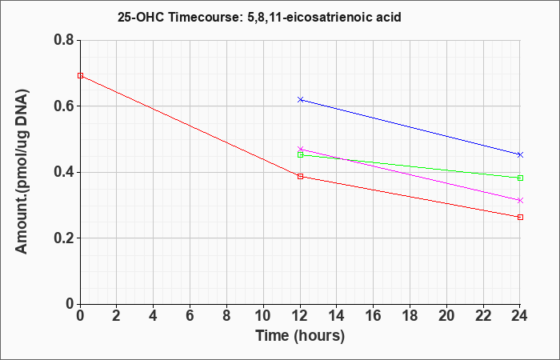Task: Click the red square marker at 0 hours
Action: [80, 76]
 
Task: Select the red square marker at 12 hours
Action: [300, 177]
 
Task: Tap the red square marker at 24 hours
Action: [520, 217]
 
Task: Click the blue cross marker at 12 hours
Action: [300, 100]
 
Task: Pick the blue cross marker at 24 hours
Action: [520, 154]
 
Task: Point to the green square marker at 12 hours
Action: [300, 155]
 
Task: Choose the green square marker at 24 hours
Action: [520, 178]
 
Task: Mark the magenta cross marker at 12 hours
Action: [300, 149]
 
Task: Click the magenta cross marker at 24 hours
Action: [520, 200]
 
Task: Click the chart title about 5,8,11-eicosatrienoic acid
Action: [259, 17]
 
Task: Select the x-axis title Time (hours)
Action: [300, 336]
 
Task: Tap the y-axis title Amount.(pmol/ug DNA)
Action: [22, 171]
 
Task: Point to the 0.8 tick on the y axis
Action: [64, 40]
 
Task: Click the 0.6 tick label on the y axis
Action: [64, 106]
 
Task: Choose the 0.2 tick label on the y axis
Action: [64, 238]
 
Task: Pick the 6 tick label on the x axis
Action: [190, 316]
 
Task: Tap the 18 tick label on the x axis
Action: [410, 316]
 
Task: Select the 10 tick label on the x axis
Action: [263, 316]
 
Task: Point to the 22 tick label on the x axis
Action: [483, 316]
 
